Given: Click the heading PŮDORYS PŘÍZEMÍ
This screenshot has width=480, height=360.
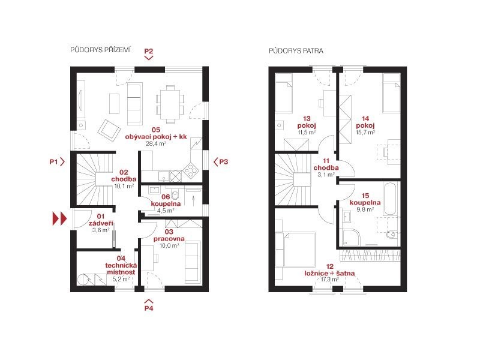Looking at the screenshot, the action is (100, 50).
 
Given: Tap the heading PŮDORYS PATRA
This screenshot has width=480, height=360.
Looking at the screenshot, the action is (296, 51).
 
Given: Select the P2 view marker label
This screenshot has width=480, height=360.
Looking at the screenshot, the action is (149, 51).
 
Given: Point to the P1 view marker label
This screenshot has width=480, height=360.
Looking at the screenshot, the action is (53, 161).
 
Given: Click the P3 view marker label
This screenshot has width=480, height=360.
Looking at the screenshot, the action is (224, 161).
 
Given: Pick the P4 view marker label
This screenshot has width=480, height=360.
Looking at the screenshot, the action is (149, 308).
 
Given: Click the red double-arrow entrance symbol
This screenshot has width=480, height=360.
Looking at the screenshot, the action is (59, 218).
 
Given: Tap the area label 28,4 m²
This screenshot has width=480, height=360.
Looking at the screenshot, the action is (156, 143).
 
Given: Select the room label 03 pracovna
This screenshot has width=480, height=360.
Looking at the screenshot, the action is (169, 235).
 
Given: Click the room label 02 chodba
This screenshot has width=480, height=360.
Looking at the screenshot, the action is (124, 176).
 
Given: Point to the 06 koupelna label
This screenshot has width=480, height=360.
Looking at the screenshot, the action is (166, 200).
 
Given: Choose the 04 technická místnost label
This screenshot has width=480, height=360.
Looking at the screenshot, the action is (121, 265).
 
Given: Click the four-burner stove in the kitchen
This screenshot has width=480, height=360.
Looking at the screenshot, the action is (190, 171).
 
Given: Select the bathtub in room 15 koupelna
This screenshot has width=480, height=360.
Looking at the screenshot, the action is (390, 199).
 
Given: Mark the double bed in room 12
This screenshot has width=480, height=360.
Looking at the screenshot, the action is (299, 249).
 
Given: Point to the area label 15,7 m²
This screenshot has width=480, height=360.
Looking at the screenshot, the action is (365, 132).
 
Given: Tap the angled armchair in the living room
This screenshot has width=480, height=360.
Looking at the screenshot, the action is (109, 130).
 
